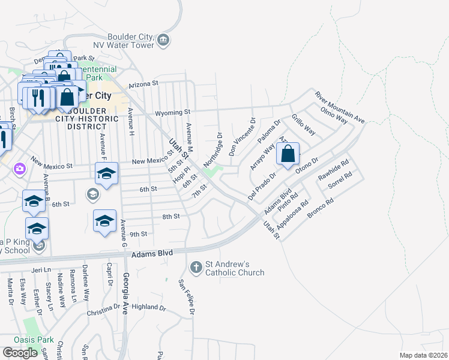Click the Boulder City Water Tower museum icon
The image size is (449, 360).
point(163,41)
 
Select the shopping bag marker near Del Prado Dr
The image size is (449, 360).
point(288,154)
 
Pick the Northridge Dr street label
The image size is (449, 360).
point(213,149)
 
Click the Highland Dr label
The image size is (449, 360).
point(148,307)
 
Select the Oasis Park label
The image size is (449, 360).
point(38,340)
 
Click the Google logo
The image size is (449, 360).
point(20,352)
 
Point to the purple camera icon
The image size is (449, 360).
point(20,169)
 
